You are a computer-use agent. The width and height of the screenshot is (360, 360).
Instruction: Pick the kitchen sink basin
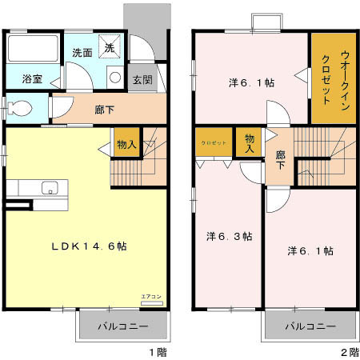(x=49, y=190)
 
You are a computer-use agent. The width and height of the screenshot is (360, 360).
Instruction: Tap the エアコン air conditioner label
(x=150, y=297)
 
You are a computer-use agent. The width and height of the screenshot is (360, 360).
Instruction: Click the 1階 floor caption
(x=157, y=351)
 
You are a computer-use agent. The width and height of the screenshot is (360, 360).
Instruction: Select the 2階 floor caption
(x=349, y=351)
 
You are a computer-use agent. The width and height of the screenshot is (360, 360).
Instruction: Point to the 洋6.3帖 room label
(x=230, y=236)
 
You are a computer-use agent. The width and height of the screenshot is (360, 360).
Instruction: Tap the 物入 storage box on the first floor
(x=126, y=144)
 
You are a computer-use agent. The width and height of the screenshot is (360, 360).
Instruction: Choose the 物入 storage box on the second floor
(x=249, y=143)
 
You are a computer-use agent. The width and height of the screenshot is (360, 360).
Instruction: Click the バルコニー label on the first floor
(x=122, y=326)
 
